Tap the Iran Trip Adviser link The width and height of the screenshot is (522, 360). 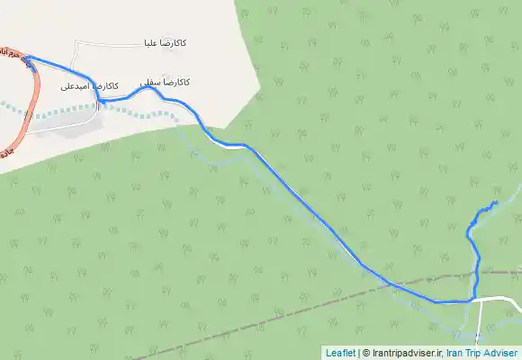pyautogui.click(x=481, y=353)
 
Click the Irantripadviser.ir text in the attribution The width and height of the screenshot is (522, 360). pyautogui.click(x=404, y=353)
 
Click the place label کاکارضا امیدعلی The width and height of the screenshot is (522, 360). pyautogui.click(x=89, y=86)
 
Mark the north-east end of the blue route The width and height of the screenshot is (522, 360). pyautogui.click(x=495, y=202)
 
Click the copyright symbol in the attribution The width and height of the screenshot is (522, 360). pyautogui.click(x=364, y=353)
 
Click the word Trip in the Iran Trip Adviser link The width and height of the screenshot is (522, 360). pyautogui.click(x=472, y=353)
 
